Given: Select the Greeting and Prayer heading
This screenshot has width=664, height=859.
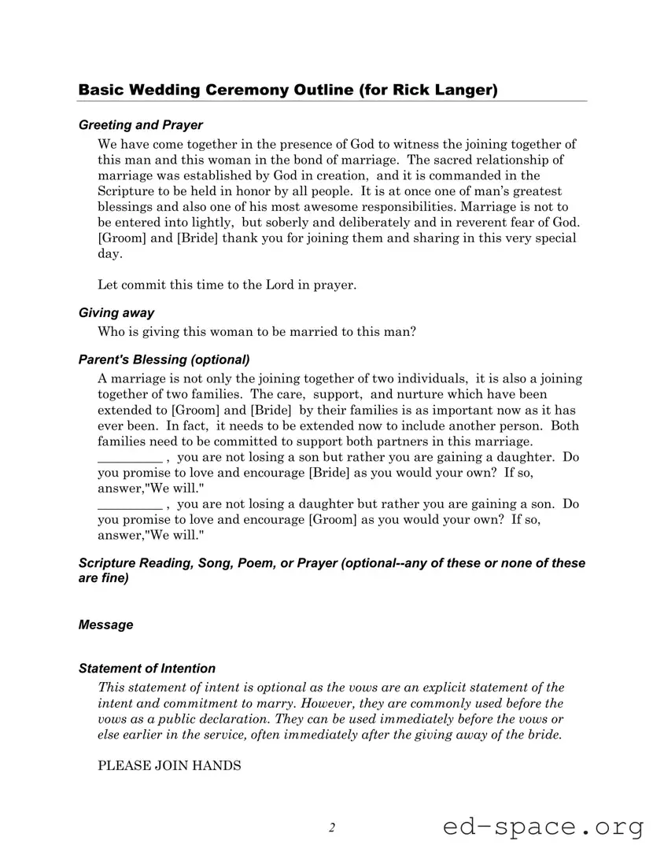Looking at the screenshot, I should [x=140, y=125].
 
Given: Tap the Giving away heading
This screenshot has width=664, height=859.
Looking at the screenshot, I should [x=116, y=313].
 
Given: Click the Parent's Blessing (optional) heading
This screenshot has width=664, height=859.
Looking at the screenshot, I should [x=164, y=359].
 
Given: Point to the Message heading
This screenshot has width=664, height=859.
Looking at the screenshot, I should [x=105, y=625].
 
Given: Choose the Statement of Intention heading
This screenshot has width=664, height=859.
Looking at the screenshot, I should [x=146, y=669].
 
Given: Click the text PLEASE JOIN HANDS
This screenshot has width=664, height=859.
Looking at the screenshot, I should [x=169, y=765].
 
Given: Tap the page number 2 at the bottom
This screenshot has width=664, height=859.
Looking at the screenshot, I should [x=332, y=828].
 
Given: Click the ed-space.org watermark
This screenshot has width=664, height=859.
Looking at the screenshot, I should [x=543, y=827].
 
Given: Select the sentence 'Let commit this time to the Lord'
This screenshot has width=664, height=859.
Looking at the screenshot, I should [x=227, y=285].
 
